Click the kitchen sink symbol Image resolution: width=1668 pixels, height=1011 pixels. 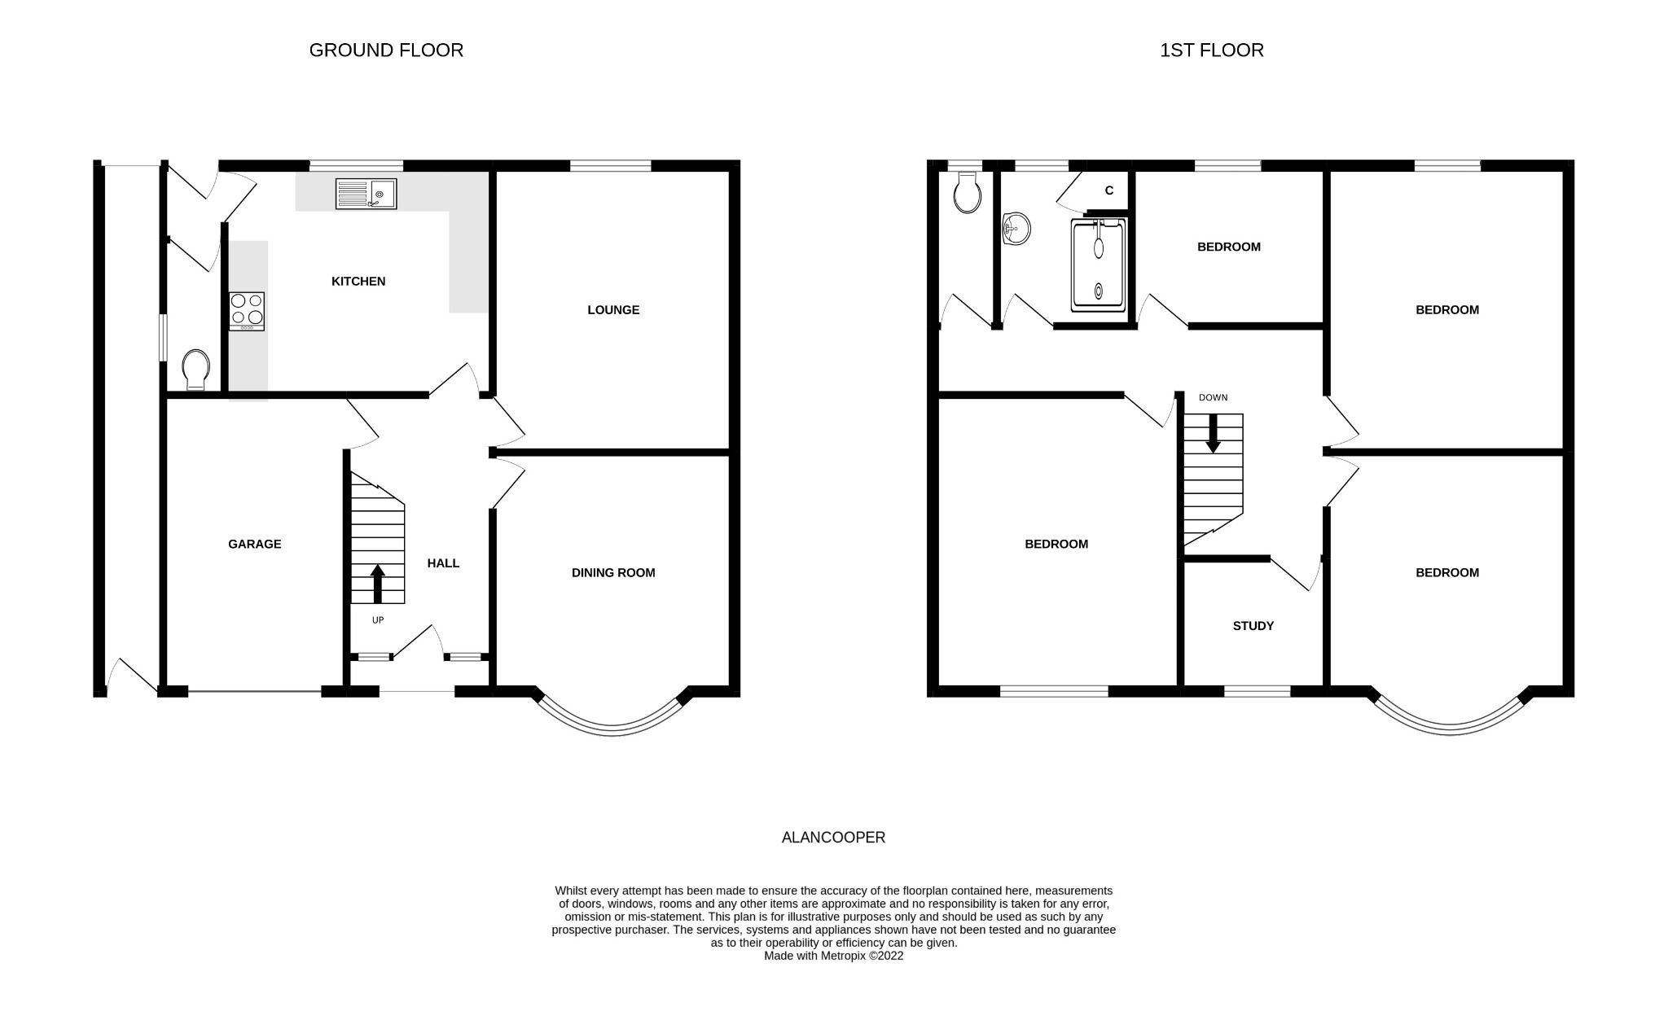pyautogui.click(x=366, y=194)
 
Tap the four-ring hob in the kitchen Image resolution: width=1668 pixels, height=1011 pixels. pyautogui.click(x=247, y=310)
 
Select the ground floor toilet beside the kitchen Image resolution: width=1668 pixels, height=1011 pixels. pyautogui.click(x=195, y=370)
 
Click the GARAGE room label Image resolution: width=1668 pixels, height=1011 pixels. pyautogui.click(x=254, y=544)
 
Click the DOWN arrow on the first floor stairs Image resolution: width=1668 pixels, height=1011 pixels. pyautogui.click(x=1213, y=433)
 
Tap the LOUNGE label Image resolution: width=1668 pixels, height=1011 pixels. pyautogui.click(x=613, y=309)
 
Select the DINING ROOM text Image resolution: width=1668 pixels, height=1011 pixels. pyautogui.click(x=613, y=572)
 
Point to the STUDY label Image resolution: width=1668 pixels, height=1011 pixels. pyautogui.click(x=1253, y=625)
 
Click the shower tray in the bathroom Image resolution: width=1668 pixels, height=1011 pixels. pyautogui.click(x=1099, y=265)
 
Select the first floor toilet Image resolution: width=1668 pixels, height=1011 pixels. pyautogui.click(x=967, y=193)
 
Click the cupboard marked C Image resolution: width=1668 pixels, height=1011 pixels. pyautogui.click(x=1108, y=190)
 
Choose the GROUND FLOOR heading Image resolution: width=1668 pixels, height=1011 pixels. pyautogui.click(x=386, y=50)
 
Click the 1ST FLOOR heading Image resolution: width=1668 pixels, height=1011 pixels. pyautogui.click(x=1211, y=50)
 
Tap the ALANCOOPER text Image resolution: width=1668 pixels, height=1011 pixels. pyautogui.click(x=833, y=837)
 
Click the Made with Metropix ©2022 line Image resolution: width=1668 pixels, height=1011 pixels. pyautogui.click(x=833, y=956)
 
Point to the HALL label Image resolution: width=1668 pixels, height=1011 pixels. pyautogui.click(x=443, y=562)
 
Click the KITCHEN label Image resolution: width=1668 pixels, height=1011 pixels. pyautogui.click(x=358, y=281)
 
